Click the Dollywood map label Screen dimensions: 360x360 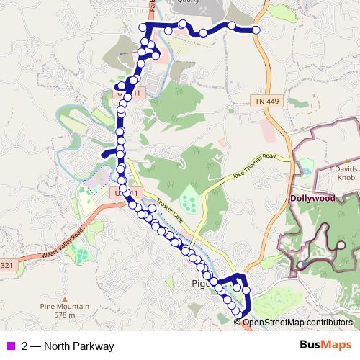314,197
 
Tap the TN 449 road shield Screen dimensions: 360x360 266,102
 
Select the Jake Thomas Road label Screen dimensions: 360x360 253,167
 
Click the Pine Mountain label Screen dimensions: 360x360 64,307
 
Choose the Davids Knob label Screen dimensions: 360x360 345,174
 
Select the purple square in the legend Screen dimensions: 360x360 11,346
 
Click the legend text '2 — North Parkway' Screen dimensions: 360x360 68,346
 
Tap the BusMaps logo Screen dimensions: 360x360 325,346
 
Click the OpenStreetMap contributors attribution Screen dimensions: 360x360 297,322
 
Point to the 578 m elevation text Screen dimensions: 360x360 64,315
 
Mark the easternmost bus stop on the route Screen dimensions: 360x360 256,30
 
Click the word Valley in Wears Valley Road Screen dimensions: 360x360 61,238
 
